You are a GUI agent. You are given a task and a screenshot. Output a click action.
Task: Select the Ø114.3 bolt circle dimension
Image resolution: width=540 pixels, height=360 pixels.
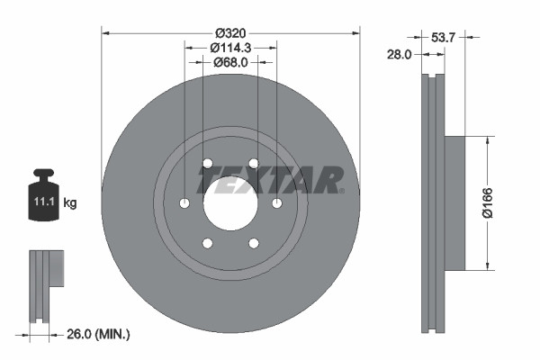coord(229,47)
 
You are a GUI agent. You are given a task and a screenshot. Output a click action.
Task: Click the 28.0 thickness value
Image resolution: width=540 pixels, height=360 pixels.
coord(398,54)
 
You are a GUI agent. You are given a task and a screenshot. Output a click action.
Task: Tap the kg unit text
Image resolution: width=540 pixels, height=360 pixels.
coord(70,203)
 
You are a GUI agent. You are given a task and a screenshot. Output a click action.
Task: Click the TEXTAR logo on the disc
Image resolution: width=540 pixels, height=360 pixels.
coord(271,180)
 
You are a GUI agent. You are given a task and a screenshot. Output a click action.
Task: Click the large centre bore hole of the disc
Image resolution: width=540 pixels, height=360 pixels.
coord(231,203)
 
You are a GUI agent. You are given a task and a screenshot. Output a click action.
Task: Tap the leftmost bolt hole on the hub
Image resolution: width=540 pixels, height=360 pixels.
coord(184,202)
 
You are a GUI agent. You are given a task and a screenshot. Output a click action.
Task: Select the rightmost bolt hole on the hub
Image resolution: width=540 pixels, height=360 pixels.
coord(277,202)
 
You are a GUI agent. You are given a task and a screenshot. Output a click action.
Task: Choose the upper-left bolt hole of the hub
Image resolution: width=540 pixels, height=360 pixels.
coord(208,163)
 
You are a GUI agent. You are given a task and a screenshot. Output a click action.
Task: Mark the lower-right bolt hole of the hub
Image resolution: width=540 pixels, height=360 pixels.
coord(254,243)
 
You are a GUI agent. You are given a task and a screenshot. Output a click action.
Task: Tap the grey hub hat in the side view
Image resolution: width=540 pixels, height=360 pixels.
coord(454,202)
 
